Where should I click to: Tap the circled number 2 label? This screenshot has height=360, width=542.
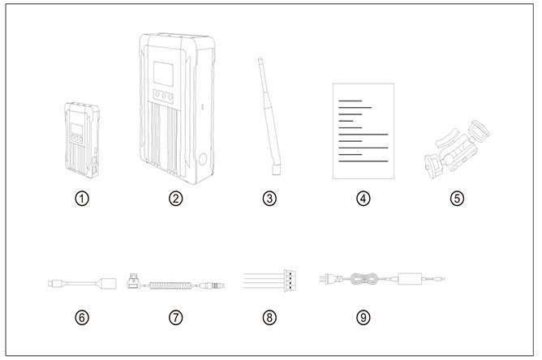coord(176,198)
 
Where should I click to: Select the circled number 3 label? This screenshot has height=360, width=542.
coord(271,198)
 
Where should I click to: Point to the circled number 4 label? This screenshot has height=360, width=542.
coord(363,198)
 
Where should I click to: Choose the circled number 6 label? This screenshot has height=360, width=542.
coord(81,317)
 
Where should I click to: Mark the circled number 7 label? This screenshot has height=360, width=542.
coord(176,317)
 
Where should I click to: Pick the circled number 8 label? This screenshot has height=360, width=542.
coord(271,317)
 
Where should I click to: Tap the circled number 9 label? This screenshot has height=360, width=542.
coord(363,317)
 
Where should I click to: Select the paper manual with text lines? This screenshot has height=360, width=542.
coord(363,131)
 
